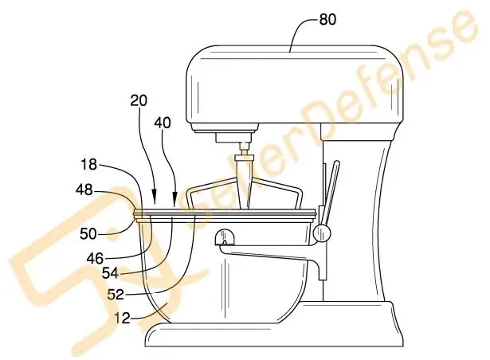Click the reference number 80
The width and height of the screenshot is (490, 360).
[327, 19]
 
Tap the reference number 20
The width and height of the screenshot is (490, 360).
[139, 100]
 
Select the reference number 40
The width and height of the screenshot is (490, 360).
[163, 123]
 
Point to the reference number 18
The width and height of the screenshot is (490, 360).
[88, 164]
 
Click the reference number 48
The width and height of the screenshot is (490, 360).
[84, 190]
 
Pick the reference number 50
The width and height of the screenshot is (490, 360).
[88, 233]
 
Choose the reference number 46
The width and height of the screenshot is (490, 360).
[95, 258]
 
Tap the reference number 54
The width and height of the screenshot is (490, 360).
[110, 273]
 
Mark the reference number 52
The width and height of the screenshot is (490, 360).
[116, 295]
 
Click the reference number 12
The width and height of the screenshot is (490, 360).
[122, 318]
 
